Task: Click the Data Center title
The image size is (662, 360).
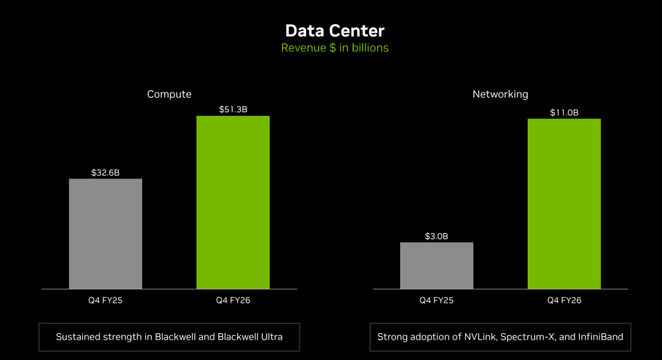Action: tap(335, 31)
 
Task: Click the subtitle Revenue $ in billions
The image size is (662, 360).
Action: tap(335, 48)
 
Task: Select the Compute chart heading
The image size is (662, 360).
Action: tap(169, 94)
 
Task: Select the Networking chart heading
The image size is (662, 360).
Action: tap(500, 94)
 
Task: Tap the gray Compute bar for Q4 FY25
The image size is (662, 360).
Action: tap(105, 234)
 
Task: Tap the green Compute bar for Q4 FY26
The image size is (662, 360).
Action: tap(233, 202)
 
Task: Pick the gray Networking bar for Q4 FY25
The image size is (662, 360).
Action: tap(436, 266)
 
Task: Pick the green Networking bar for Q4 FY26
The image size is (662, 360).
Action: tap(564, 204)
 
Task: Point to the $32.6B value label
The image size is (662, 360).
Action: tap(105, 172)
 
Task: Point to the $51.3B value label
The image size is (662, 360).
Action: tap(233, 110)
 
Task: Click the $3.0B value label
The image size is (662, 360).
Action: tap(436, 236)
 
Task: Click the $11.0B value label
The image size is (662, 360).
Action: tap(564, 112)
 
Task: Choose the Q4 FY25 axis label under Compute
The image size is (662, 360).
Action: tap(105, 301)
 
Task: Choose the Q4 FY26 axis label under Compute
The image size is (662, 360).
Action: tap(233, 301)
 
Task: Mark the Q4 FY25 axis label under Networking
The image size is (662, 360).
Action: tap(436, 301)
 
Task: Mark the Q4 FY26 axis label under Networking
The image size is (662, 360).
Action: tap(564, 301)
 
